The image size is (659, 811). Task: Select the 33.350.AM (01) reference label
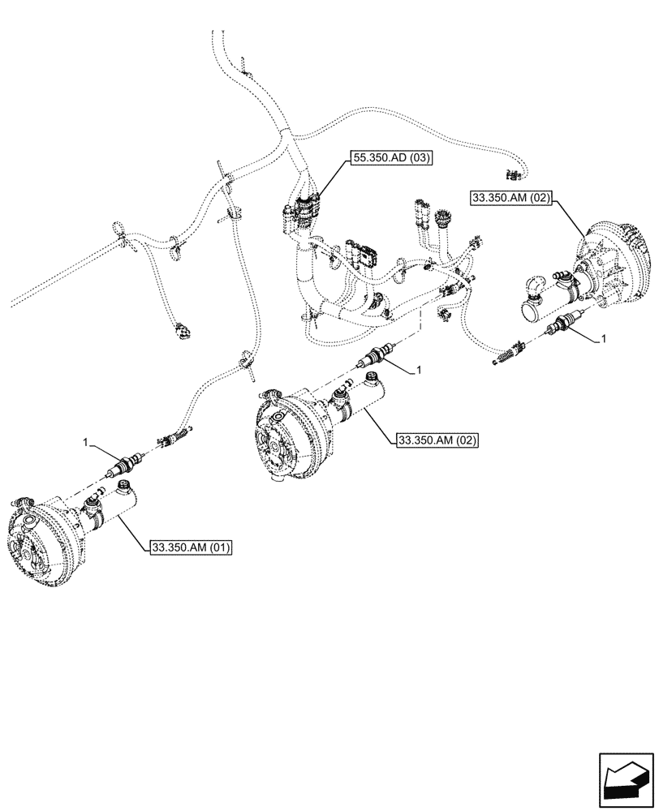click(x=191, y=548)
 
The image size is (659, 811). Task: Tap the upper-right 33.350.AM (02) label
click(x=513, y=198)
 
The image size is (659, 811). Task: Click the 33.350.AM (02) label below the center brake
click(x=437, y=440)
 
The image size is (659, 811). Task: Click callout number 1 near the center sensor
click(x=418, y=370)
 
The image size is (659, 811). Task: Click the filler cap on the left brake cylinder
click(x=126, y=487)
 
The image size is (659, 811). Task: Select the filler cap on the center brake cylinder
click(x=373, y=377)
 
